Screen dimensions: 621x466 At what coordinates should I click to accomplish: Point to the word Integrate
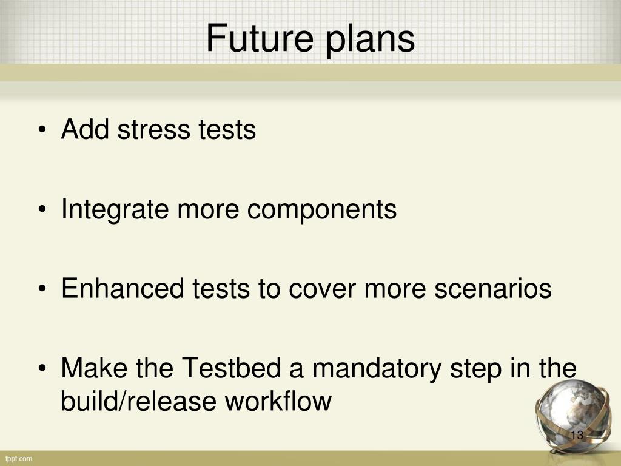pos(115,210)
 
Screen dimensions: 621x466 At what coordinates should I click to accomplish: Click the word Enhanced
pos(123,288)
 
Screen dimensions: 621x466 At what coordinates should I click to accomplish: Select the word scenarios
pos(493,288)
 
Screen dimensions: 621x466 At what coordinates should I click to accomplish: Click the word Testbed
pos(231,367)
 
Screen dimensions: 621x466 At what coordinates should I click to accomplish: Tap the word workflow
pos(278,400)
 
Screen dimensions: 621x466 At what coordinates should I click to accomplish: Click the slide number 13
pos(577,435)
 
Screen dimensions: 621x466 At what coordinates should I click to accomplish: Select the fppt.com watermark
pos(19,459)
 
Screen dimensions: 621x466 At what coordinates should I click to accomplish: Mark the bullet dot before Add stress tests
pos(42,130)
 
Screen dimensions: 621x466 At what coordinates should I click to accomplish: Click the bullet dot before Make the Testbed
pos(42,368)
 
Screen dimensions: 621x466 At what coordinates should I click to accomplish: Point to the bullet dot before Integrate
pos(42,210)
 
